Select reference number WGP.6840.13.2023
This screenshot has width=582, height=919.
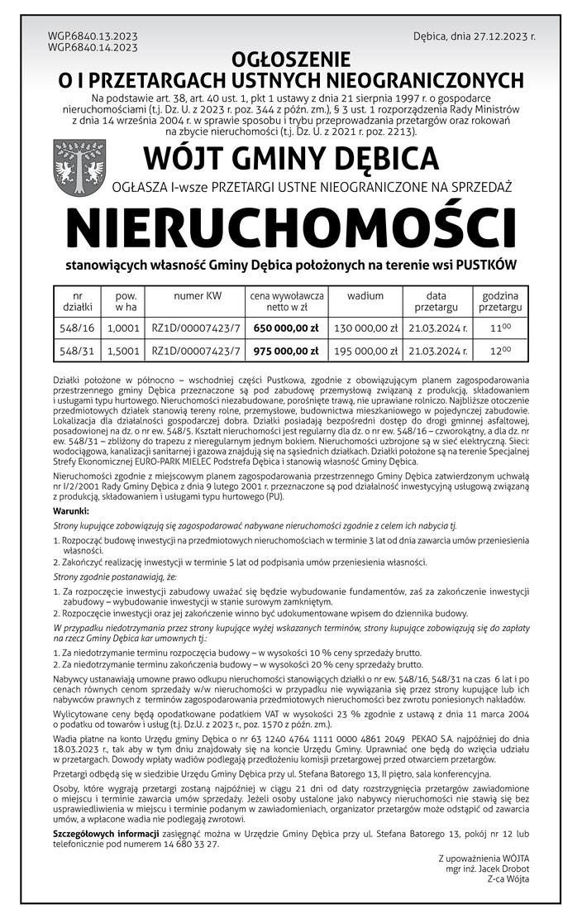pyautogui.click(x=93, y=37)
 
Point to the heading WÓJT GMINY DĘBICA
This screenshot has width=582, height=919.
pyautogui.click(x=290, y=157)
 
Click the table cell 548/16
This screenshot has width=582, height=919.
pyautogui.click(x=78, y=328)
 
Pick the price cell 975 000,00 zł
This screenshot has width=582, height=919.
pyautogui.click(x=286, y=350)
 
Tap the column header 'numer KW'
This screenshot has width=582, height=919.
pyautogui.click(x=197, y=294)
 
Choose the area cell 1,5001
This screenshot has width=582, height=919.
pyautogui.click(x=123, y=350)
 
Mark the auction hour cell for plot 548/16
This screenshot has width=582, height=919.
pyautogui.click(x=500, y=328)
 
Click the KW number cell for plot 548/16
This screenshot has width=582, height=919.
pyautogui.click(x=197, y=328)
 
